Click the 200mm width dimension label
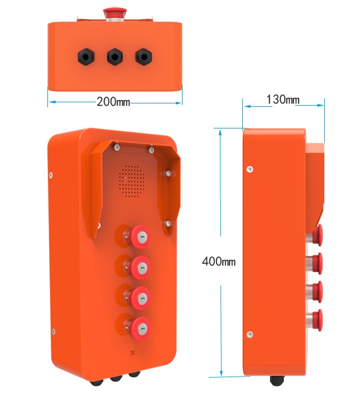(x=113, y=102)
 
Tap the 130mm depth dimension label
(x=283, y=99)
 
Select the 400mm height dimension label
(x=219, y=261)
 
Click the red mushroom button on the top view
(x=115, y=13)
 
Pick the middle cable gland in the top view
(x=115, y=56)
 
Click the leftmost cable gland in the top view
(x=86, y=56)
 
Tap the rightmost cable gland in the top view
(x=143, y=56)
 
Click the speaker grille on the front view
(x=131, y=181)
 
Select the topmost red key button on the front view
(x=140, y=237)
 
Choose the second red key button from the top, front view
(x=140, y=268)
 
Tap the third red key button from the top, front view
(x=140, y=298)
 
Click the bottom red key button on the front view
(x=140, y=329)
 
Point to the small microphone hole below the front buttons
(x=133, y=353)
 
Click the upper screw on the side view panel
(x=249, y=169)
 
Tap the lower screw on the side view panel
(x=249, y=335)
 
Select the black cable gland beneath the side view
(x=277, y=380)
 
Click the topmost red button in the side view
(x=317, y=235)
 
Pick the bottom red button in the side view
(x=317, y=320)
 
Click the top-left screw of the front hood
(x=117, y=147)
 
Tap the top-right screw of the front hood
(x=151, y=150)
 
